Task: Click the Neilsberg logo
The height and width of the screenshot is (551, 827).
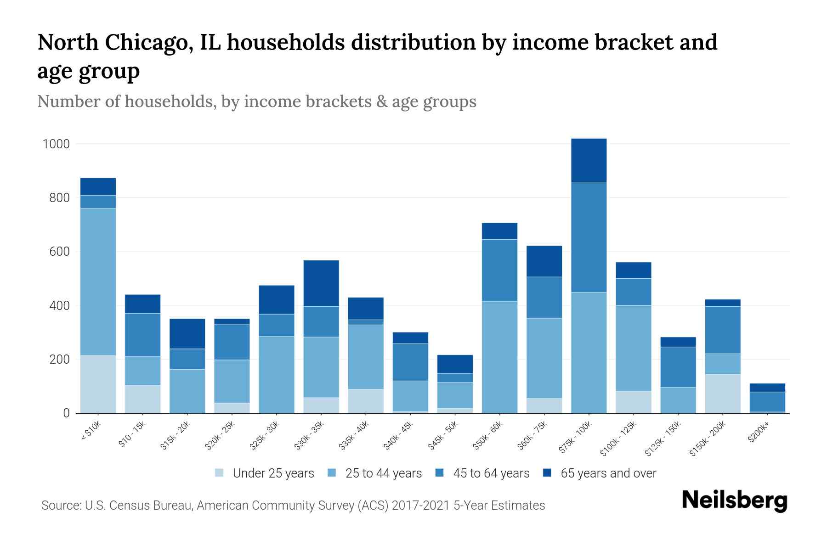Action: pyautogui.click(x=734, y=500)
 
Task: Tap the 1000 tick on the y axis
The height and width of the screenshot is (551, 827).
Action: pyautogui.click(x=56, y=144)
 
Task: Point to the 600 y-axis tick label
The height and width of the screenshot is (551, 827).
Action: pyautogui.click(x=59, y=252)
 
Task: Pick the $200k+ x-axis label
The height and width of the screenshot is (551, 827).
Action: pyautogui.click(x=758, y=433)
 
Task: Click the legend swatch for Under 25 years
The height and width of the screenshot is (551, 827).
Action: pyautogui.click(x=220, y=473)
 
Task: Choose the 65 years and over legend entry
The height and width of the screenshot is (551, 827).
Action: pyautogui.click(x=608, y=473)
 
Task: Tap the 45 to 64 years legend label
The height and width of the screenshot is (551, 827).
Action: pyautogui.click(x=491, y=473)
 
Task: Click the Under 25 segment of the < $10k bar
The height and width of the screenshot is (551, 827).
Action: pyautogui.click(x=98, y=384)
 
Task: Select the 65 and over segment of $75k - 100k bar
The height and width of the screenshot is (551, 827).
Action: pyautogui.click(x=589, y=160)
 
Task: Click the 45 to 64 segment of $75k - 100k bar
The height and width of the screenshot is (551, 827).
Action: pyautogui.click(x=589, y=237)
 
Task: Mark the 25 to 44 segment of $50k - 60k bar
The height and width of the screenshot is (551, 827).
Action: pyautogui.click(x=499, y=357)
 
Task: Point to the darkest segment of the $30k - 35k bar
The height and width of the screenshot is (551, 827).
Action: pyautogui.click(x=321, y=283)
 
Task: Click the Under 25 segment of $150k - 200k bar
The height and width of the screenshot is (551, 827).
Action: pyautogui.click(x=723, y=394)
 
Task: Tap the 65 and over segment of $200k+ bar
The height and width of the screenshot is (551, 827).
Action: pyautogui.click(x=767, y=388)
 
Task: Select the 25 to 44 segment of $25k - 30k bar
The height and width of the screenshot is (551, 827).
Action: pyautogui.click(x=277, y=374)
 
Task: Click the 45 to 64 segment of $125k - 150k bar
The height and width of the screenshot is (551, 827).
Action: pyautogui.click(x=678, y=367)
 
